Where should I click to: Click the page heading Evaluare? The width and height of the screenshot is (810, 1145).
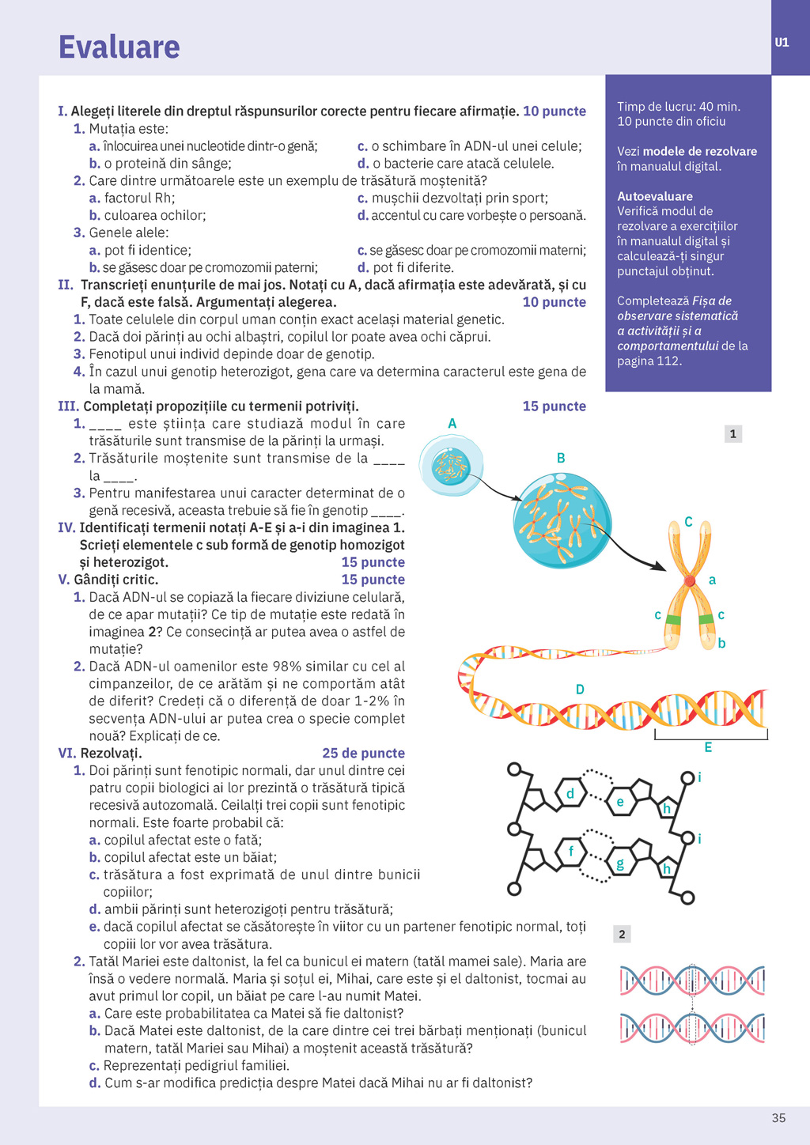pyautogui.click(x=119, y=47)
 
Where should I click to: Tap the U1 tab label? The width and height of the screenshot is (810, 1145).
pyautogui.click(x=782, y=43)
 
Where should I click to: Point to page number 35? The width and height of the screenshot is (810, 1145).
pyautogui.click(x=778, y=1118)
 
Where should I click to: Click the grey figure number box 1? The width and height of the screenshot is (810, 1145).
pyautogui.click(x=733, y=433)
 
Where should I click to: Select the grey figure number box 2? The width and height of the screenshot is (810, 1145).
pyautogui.click(x=622, y=934)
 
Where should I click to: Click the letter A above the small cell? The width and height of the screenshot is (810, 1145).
pyautogui.click(x=452, y=424)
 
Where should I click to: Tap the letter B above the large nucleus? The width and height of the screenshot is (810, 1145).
pyautogui.click(x=561, y=458)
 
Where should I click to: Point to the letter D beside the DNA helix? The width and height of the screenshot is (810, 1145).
pyautogui.click(x=580, y=690)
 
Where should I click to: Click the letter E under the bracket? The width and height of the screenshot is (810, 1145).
pyautogui.click(x=708, y=747)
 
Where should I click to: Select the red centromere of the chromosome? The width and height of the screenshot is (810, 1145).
pyautogui.click(x=690, y=581)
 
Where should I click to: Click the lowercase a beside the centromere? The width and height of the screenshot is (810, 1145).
pyautogui.click(x=712, y=580)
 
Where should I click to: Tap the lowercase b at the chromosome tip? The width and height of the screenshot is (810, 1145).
pyautogui.click(x=721, y=644)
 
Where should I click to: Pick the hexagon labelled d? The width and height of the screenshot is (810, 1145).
pyautogui.click(x=570, y=793)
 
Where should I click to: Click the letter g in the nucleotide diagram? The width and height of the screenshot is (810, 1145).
pyautogui.click(x=620, y=864)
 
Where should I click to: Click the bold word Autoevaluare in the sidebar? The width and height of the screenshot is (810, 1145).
pyautogui.click(x=655, y=196)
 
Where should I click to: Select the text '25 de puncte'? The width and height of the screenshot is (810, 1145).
pyautogui.click(x=363, y=753)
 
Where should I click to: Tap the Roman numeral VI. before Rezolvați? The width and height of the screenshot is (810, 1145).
pyautogui.click(x=67, y=753)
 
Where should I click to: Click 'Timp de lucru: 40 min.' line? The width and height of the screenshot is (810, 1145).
pyautogui.click(x=679, y=107)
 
